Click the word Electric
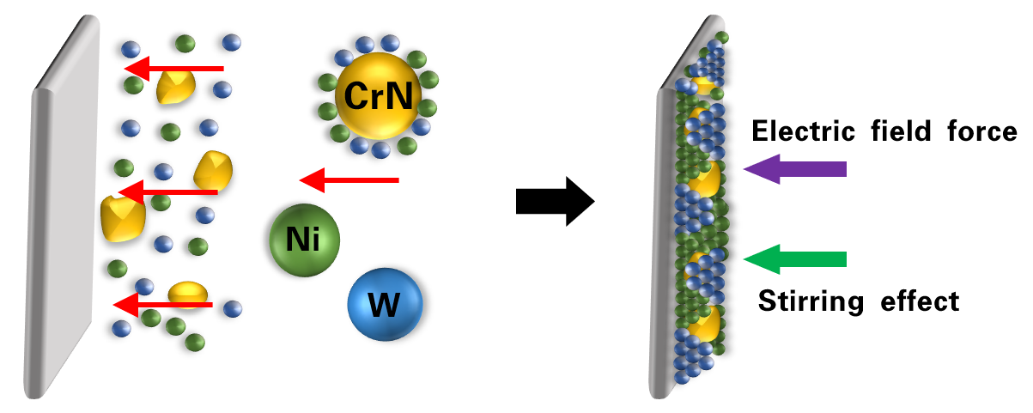point(802,132)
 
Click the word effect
point(921,301)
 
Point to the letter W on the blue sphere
point(384,305)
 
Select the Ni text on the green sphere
point(303,239)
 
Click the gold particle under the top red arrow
point(175,87)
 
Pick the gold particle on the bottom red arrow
point(185,294)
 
